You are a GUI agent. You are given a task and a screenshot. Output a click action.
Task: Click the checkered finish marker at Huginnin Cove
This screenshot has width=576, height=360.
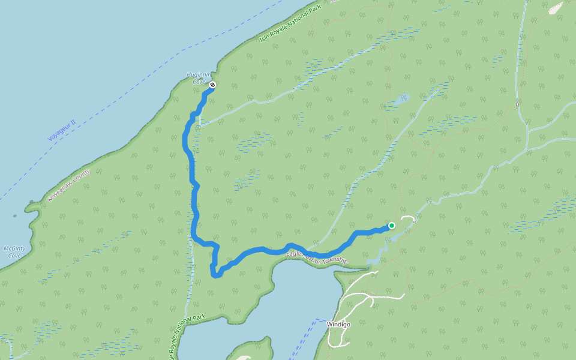click(212, 85)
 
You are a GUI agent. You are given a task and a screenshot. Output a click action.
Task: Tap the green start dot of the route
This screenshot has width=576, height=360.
click(391, 226)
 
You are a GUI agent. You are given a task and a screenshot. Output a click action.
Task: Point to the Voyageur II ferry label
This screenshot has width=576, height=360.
click(62, 130)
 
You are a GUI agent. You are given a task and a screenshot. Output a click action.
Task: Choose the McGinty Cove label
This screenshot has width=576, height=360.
click(13, 252)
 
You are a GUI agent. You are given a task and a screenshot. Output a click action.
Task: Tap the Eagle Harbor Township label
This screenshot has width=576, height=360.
click(317, 257)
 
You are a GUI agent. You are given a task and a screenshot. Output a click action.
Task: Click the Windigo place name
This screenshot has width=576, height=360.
click(338, 324)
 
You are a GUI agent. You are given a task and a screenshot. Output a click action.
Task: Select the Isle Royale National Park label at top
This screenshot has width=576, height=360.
click(291, 23)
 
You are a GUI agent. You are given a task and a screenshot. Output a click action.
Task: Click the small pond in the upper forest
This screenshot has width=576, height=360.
click(400, 98)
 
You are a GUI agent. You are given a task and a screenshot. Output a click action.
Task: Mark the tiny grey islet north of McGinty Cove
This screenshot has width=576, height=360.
click(14, 216)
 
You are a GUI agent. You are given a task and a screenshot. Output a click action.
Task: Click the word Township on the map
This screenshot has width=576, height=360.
click(334, 260)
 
